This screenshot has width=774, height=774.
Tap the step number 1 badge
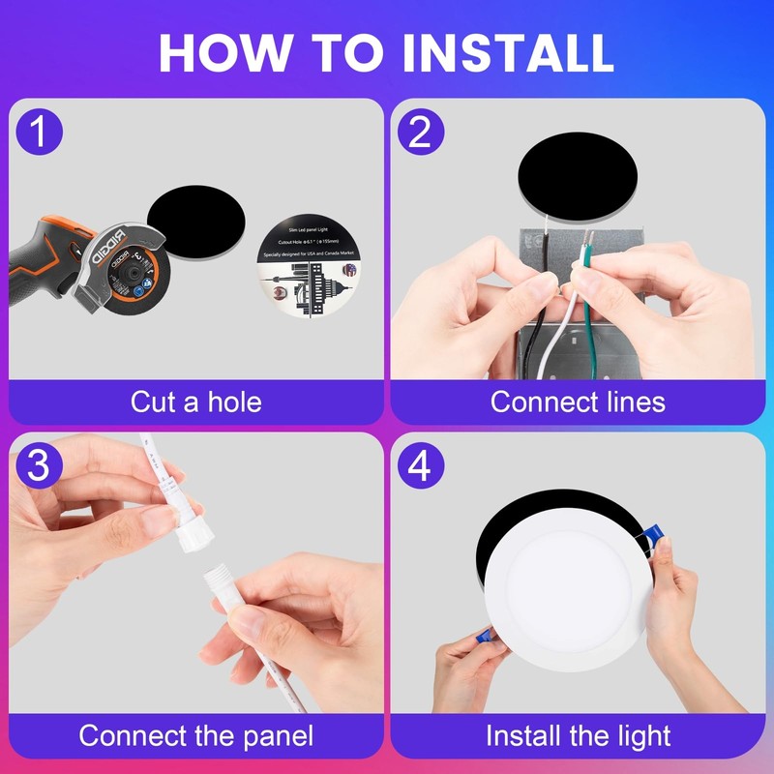[x=39, y=133]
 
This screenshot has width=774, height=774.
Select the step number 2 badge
[x=420, y=133]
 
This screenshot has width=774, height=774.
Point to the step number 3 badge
[x=39, y=465]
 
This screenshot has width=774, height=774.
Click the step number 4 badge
[x=420, y=465]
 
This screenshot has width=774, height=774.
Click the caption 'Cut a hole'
[x=195, y=401]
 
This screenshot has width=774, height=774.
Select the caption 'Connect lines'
[x=578, y=401]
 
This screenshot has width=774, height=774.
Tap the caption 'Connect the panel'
[x=195, y=735]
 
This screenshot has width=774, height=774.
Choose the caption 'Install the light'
[x=578, y=735]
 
